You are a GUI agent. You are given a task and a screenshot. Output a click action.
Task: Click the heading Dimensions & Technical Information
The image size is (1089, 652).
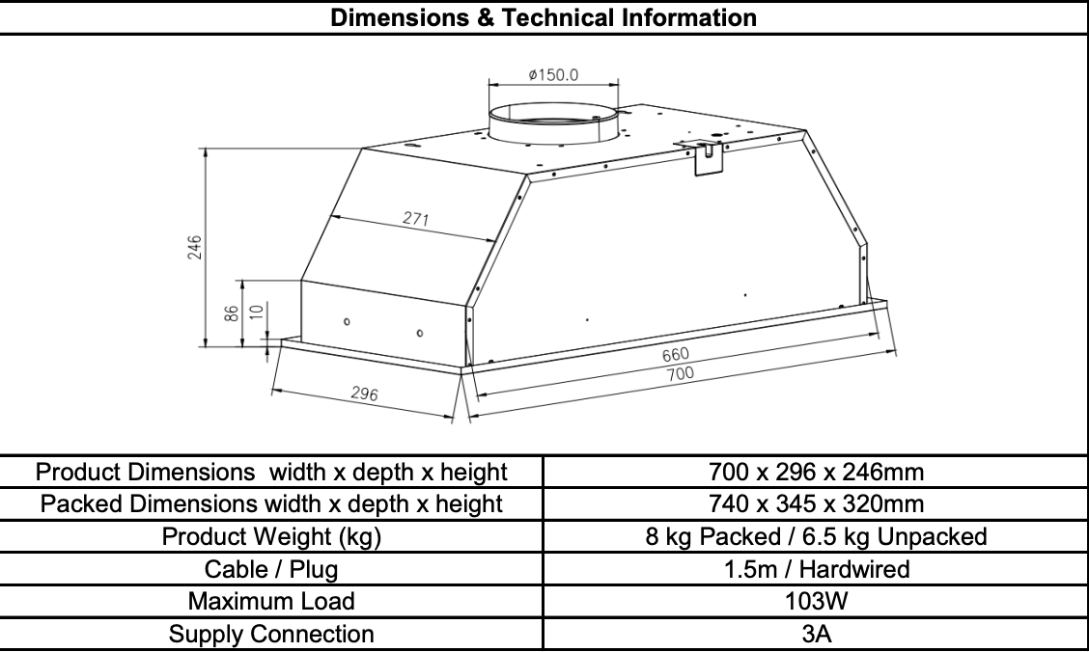(x=544, y=17)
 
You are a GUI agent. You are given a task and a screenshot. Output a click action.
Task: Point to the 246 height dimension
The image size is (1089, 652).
(x=195, y=247)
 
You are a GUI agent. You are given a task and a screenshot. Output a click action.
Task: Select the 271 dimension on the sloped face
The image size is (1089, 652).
(x=415, y=219)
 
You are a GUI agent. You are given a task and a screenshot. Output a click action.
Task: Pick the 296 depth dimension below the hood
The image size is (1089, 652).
(x=363, y=394)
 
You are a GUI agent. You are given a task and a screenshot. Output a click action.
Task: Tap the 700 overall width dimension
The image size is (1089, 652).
(x=680, y=373)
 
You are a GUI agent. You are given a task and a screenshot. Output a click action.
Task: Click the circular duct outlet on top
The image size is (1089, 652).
(x=553, y=122)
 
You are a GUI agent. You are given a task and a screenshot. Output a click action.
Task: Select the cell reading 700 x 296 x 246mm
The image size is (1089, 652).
(x=816, y=473)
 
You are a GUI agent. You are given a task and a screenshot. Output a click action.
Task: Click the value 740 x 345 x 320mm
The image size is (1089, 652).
(x=816, y=504)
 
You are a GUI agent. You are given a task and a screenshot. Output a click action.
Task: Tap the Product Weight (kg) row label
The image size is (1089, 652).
(x=271, y=537)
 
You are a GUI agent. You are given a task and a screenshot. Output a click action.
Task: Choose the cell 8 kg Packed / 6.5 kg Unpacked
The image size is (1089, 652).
(x=816, y=537)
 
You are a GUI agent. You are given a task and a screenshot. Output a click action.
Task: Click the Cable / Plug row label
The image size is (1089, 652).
(x=271, y=569)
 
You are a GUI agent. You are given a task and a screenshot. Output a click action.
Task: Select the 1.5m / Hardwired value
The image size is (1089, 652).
(x=816, y=569)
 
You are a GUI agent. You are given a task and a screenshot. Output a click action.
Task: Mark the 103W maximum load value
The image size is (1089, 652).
(x=816, y=602)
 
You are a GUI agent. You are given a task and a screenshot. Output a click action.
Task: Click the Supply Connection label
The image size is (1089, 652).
(x=271, y=634)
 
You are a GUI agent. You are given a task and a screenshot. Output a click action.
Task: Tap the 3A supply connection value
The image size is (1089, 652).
(x=816, y=634)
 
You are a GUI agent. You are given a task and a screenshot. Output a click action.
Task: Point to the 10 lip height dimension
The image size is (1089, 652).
(x=255, y=313)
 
